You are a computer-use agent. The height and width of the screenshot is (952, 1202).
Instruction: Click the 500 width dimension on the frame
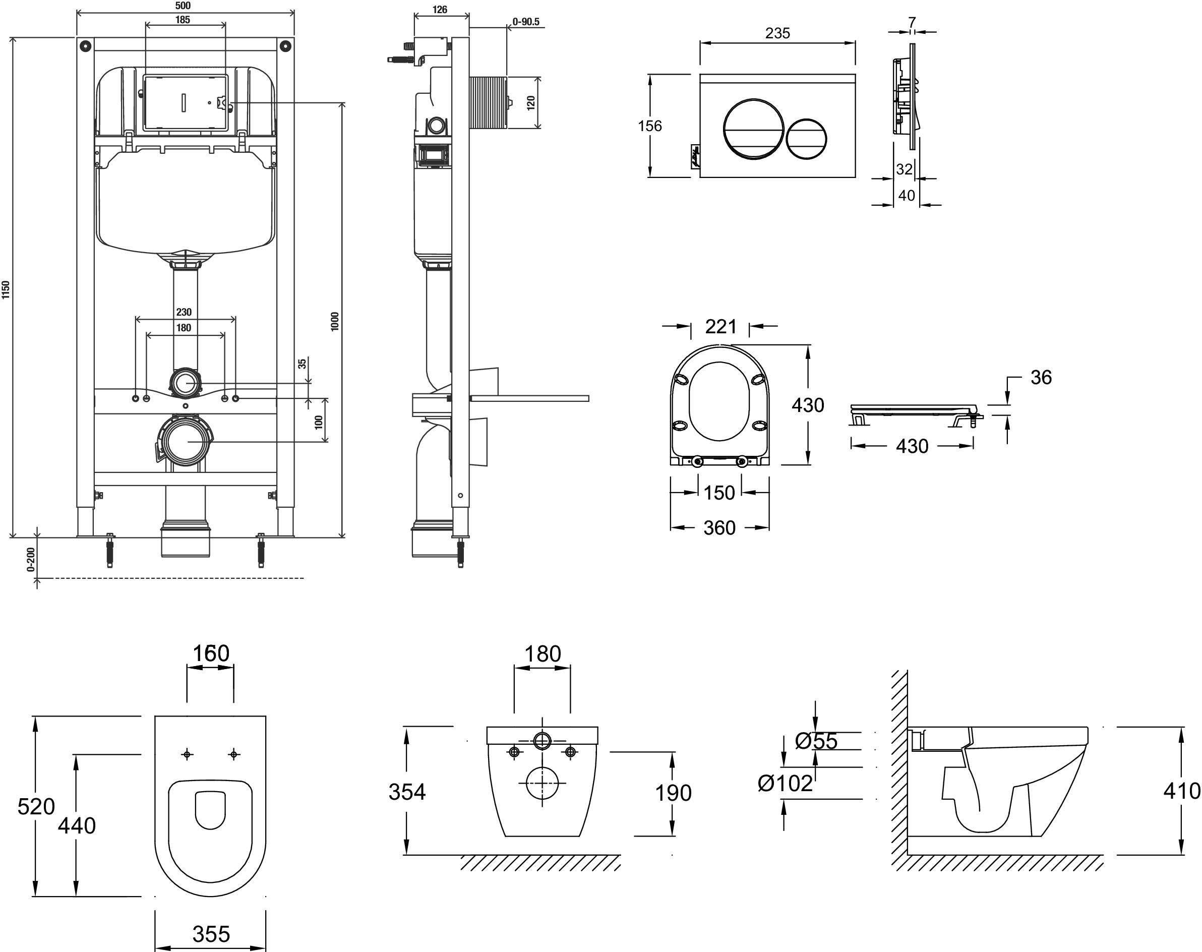pyautogui.click(x=183, y=6)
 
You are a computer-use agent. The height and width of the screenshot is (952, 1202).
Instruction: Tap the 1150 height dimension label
pyautogui.click(x=6, y=290)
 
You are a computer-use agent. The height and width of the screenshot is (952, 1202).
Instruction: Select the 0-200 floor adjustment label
pyautogui.click(x=31, y=559)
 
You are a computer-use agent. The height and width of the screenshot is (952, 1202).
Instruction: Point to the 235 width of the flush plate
pyautogui.click(x=777, y=33)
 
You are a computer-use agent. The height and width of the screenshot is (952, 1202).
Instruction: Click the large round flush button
pyautogui.click(x=753, y=129)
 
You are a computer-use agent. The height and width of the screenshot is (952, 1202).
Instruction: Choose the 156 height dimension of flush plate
pyautogui.click(x=650, y=126)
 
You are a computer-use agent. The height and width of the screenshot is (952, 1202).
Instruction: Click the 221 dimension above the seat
pyautogui.click(x=720, y=327)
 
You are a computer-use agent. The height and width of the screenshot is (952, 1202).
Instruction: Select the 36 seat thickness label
pyautogui.click(x=1040, y=377)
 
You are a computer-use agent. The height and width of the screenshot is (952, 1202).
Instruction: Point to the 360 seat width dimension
pyautogui.click(x=719, y=528)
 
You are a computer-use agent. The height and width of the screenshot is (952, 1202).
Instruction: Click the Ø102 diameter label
pyautogui.click(x=785, y=783)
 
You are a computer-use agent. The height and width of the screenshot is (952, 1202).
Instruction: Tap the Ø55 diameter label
pyautogui.click(x=816, y=741)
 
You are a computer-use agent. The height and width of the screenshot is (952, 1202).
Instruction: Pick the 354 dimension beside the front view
pyautogui.click(x=407, y=792)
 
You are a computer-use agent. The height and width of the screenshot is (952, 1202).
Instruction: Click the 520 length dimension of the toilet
pyautogui.click(x=36, y=806)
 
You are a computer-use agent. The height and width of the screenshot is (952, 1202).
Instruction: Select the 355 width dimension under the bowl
pyautogui.click(x=211, y=934)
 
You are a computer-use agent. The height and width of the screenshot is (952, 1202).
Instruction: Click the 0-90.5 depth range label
pyautogui.click(x=525, y=22)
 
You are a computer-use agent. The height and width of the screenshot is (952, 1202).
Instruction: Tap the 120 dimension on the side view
pyautogui.click(x=531, y=102)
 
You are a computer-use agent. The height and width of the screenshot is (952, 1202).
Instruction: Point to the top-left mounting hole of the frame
pyautogui.click(x=85, y=46)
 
